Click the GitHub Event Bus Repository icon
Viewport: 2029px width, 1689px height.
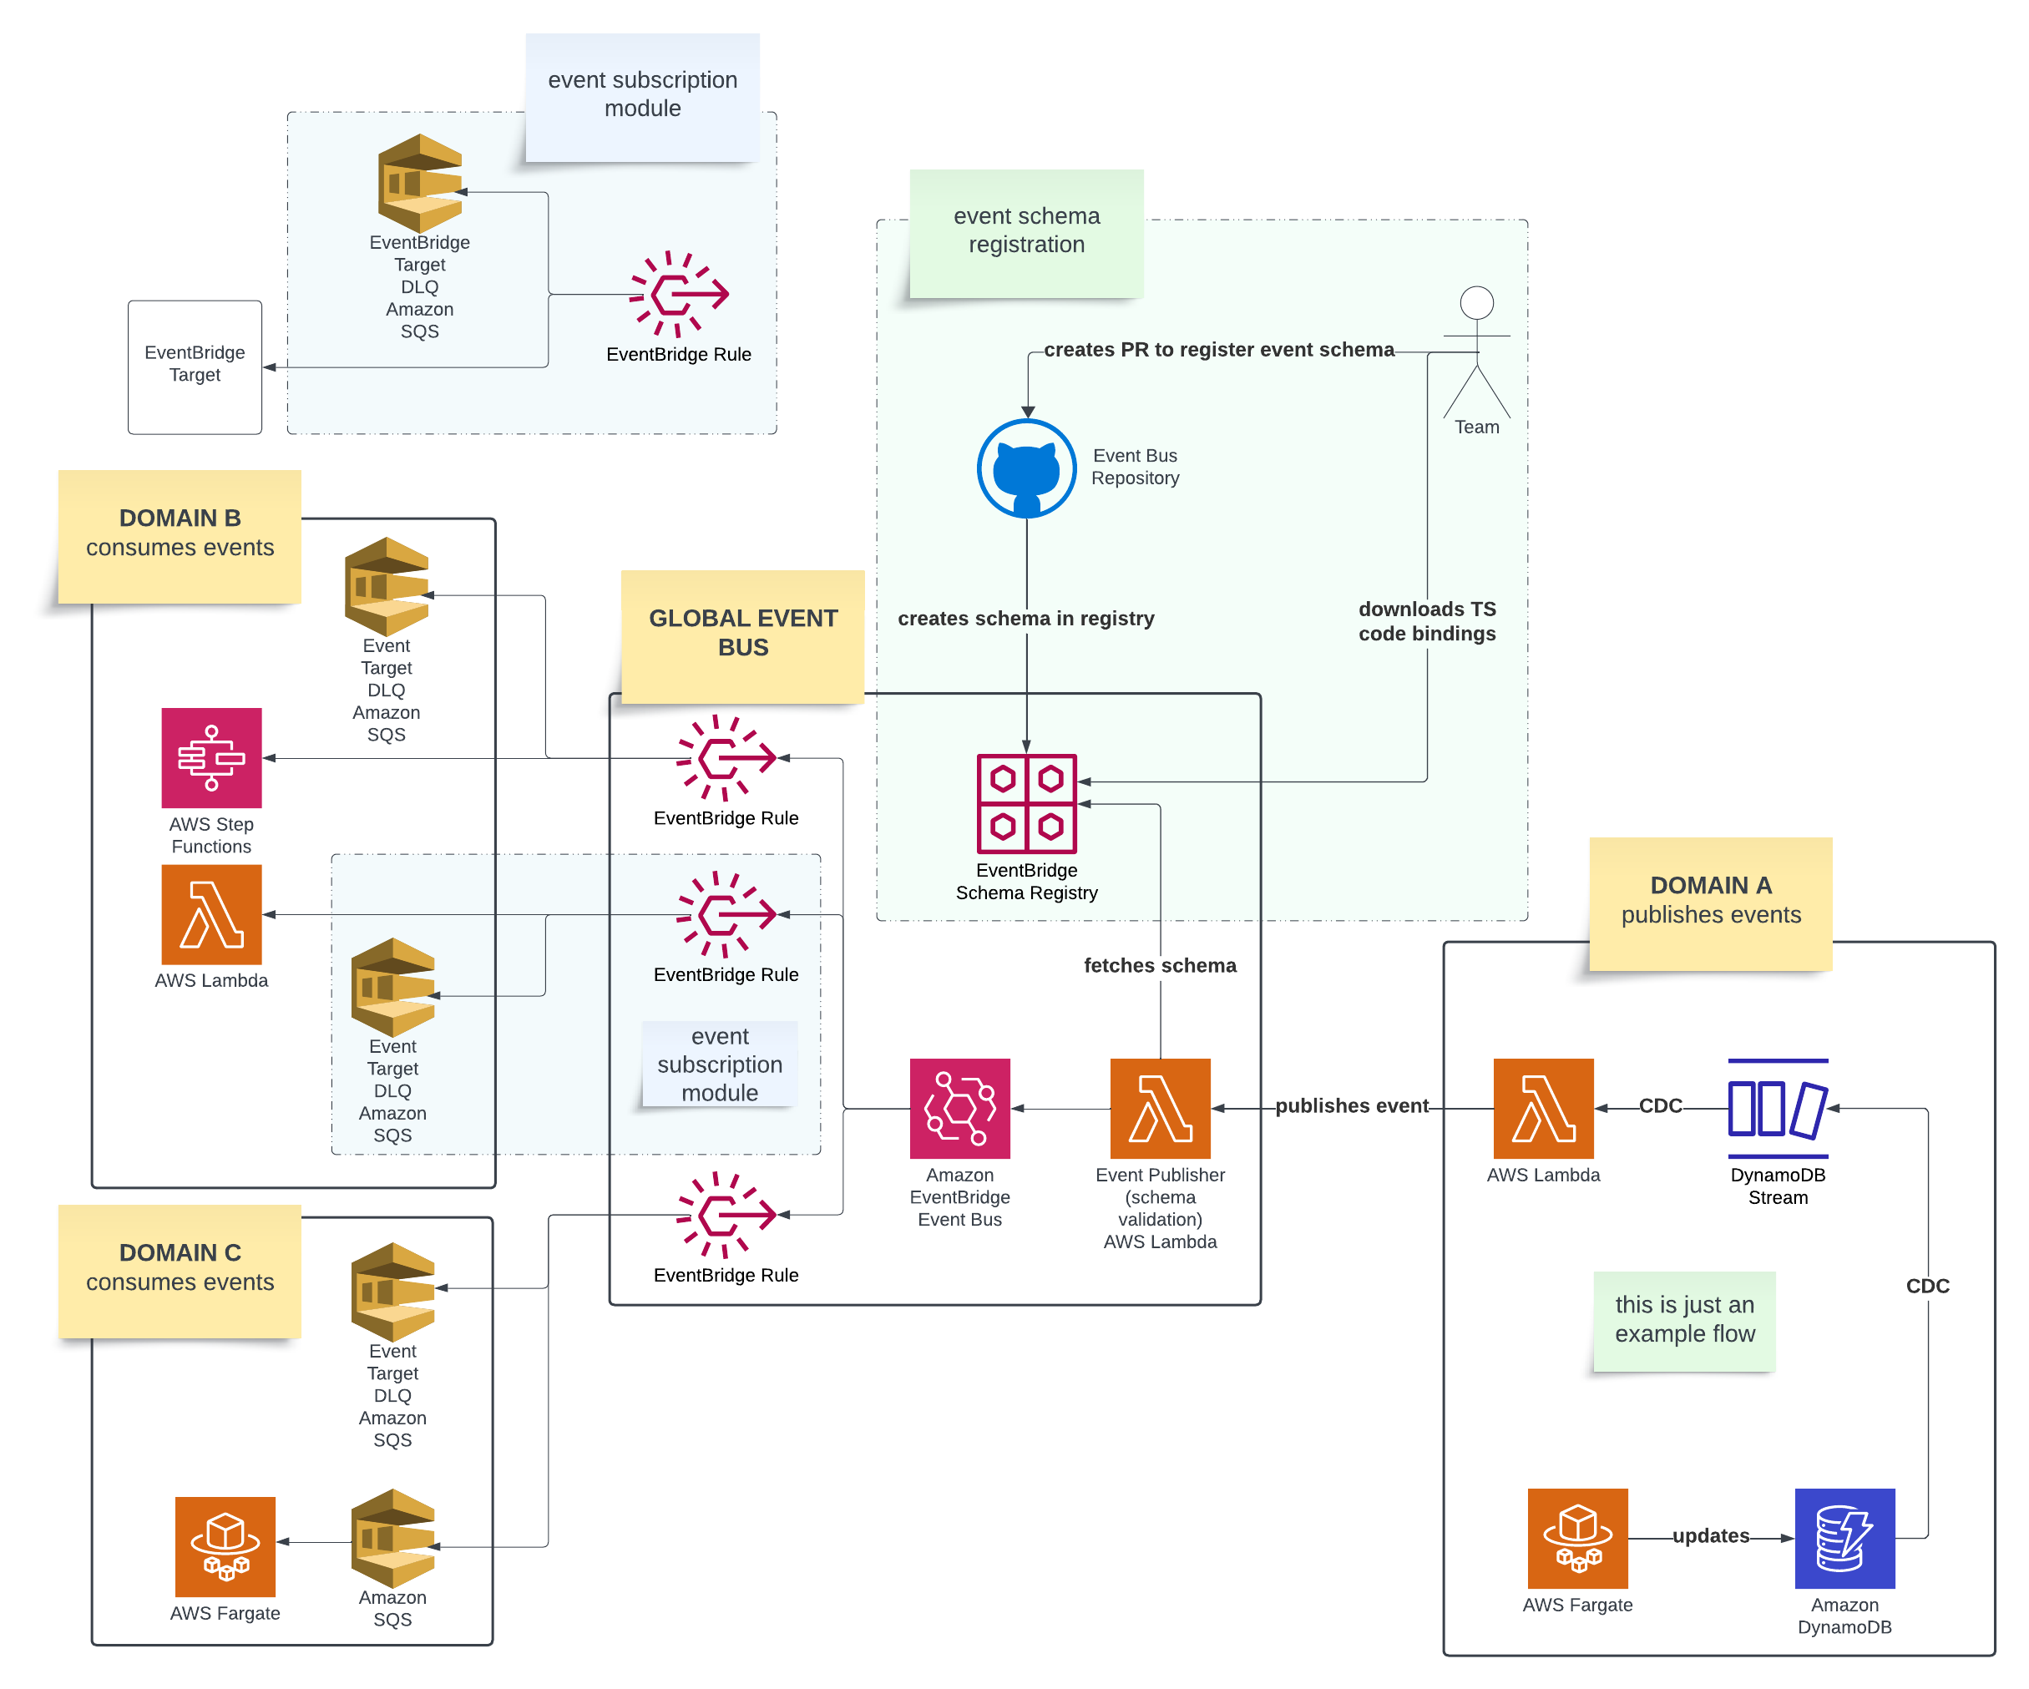[1026, 468]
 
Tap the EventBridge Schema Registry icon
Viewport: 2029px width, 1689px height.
[1026, 803]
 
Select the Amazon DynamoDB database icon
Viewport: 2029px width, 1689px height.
[1844, 1538]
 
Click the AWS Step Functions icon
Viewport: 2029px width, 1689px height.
[211, 757]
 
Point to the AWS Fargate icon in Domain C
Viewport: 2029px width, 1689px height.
[225, 1546]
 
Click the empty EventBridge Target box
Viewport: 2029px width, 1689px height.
[195, 367]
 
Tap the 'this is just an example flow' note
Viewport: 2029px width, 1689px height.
[1684, 1320]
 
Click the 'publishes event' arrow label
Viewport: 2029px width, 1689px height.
[1351, 1105]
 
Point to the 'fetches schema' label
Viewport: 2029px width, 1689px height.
[1160, 965]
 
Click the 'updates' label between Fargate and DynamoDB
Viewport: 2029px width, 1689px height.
[1710, 1535]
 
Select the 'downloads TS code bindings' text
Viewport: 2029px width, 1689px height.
[1426, 621]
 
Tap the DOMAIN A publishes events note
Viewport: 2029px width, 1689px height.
[1710, 902]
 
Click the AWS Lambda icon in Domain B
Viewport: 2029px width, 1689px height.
[211, 914]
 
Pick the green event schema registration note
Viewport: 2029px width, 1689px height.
[1026, 232]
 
